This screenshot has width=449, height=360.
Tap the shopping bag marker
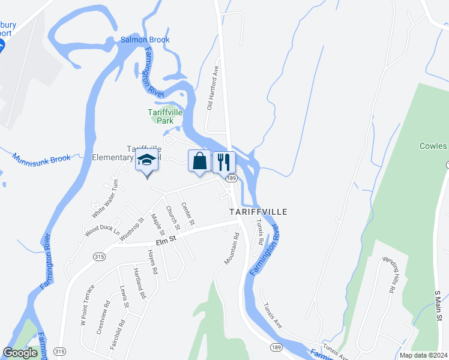click(200, 161)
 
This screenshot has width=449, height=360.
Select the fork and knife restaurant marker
click(224, 161)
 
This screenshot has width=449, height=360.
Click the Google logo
click(20, 353)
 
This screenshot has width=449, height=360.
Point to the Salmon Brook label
click(145, 40)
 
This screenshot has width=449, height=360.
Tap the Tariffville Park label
click(161, 116)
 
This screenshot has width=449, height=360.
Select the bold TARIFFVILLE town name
click(258, 212)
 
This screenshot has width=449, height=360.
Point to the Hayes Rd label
click(151, 262)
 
